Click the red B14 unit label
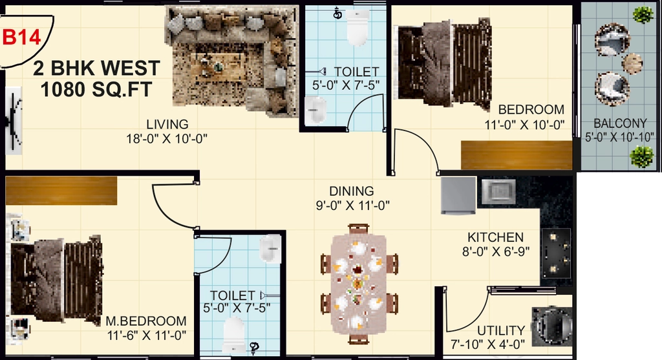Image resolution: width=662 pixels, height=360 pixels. tap(21, 37)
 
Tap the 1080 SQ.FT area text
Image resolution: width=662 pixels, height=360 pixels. tap(96, 89)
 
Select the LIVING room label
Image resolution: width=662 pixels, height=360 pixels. tap(167, 125)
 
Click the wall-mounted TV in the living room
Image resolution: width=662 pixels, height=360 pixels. tap(14, 120)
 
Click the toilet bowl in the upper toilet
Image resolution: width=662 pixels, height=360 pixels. tap(358, 27)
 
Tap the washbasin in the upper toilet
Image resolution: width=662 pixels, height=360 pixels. tap(315, 111)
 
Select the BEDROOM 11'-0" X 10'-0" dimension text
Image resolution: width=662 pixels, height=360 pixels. tap(524, 125)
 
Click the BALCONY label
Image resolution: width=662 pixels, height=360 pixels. tap(620, 123)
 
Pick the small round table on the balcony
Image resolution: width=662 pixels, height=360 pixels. tap(632, 63)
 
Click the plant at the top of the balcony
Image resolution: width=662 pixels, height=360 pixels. tap(643, 16)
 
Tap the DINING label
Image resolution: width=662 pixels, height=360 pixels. tap(352, 191)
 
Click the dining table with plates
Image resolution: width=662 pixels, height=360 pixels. tap(358, 284)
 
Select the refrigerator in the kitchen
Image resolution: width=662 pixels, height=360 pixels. tap(458, 195)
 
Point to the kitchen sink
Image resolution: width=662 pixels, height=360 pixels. tap(498, 191)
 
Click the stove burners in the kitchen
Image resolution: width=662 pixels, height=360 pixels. tap(556, 253)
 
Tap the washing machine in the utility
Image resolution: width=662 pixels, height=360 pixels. tap(552, 326)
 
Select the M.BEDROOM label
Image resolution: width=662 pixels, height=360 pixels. tap(146, 321)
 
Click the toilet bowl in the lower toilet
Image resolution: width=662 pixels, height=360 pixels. tap(233, 335)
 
